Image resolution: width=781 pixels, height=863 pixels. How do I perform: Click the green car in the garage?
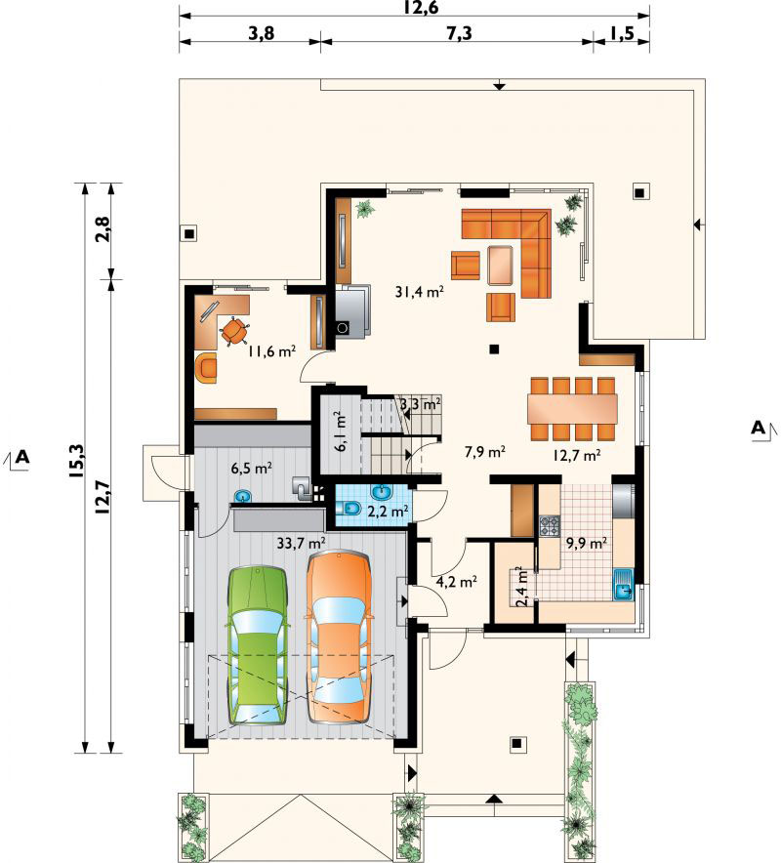pos(258,644)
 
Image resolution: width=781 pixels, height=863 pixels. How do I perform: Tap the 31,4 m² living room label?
pos(419,291)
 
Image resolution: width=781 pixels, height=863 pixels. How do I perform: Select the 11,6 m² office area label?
pos(272,350)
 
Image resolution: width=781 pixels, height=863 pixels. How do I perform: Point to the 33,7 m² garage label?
pos(301,543)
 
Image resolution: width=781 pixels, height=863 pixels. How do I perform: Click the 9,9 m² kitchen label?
pos(587,543)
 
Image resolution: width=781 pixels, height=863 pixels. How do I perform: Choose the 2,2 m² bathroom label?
pos(388,511)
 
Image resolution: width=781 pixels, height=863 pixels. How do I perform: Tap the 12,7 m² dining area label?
pos(576,455)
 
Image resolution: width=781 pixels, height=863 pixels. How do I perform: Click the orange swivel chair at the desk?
pos(234,330)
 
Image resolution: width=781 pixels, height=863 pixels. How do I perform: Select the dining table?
pos(572,408)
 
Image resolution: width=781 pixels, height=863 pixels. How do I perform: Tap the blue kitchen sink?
pos(624,585)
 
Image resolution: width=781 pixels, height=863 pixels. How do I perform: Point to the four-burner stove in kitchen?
pos(550,525)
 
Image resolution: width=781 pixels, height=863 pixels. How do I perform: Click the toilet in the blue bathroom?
pos(348,508)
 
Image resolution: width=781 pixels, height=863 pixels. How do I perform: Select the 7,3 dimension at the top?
pos(459,33)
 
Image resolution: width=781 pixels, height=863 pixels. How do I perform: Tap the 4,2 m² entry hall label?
pos(456,581)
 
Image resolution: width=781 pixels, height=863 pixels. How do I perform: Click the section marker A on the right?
pos(760,428)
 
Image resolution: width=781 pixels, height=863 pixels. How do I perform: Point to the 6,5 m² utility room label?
pos(252,469)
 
